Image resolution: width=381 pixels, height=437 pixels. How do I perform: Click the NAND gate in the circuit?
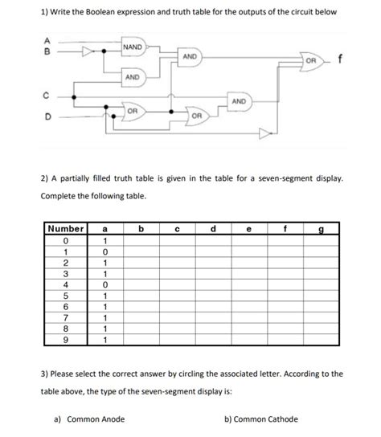[133, 48]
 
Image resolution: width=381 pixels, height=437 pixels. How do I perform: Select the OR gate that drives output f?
[311, 59]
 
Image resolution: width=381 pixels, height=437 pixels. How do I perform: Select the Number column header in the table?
[66, 229]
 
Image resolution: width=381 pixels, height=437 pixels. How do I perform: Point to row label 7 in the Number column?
[66, 318]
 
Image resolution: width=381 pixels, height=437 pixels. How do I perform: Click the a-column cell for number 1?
[105, 251]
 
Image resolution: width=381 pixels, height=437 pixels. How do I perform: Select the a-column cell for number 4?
[105, 284]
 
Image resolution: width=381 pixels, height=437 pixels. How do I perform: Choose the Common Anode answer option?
[96, 419]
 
